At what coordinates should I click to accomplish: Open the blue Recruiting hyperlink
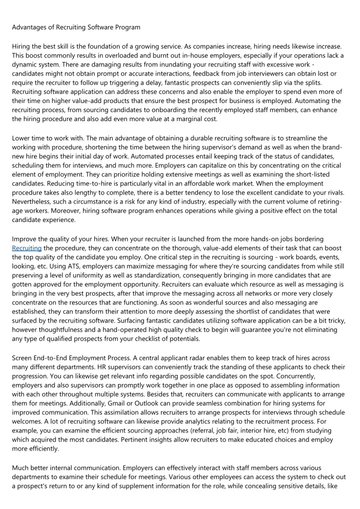(x=26, y=248)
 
